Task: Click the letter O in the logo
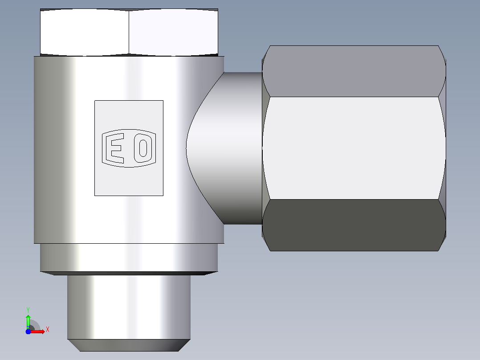pyautogui.click(x=143, y=148)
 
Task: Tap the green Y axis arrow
pyautogui.click(x=28, y=321)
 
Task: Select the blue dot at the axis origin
pyautogui.click(x=28, y=331)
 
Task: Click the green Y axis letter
pyautogui.click(x=28, y=310)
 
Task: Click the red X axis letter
pyautogui.click(x=48, y=330)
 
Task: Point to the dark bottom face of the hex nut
pyautogui.click(x=354, y=225)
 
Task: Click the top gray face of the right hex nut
pyautogui.click(x=354, y=71)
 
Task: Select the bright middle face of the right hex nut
pyautogui.click(x=354, y=148)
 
